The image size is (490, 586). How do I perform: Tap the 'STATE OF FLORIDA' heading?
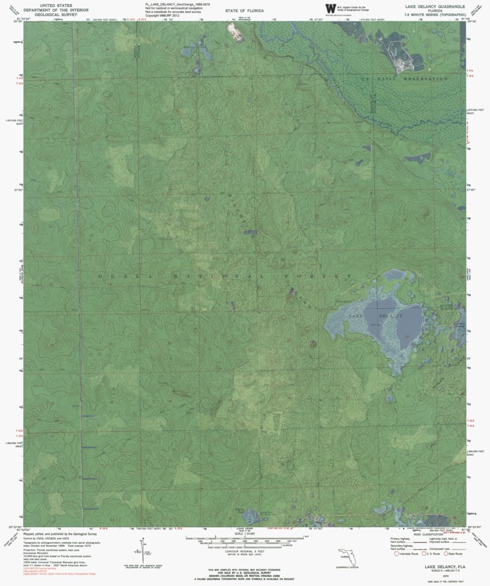coord(244,11)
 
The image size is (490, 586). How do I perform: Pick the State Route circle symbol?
coord(441,553)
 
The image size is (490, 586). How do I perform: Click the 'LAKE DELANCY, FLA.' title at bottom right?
coord(444,565)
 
